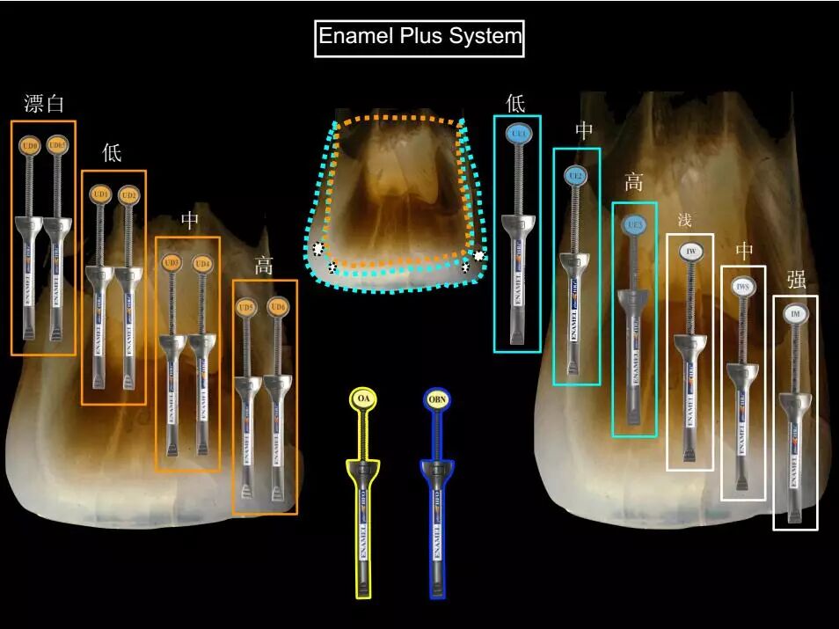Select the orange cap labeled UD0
click(x=30, y=144)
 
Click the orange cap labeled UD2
click(x=128, y=194)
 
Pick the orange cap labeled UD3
click(x=172, y=263)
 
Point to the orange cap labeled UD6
click(x=278, y=306)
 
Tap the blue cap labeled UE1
click(x=517, y=134)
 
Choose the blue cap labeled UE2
click(x=576, y=176)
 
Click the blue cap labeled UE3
click(x=634, y=226)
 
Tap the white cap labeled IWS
click(x=743, y=287)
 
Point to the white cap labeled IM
click(x=795, y=313)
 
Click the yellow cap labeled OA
click(x=363, y=399)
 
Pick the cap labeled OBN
click(x=438, y=399)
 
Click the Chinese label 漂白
click(x=44, y=104)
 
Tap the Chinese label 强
click(x=797, y=280)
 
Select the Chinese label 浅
click(x=685, y=218)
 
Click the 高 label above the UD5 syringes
click(x=264, y=265)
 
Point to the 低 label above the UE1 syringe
click(x=515, y=103)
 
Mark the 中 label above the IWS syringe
click(x=744, y=252)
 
